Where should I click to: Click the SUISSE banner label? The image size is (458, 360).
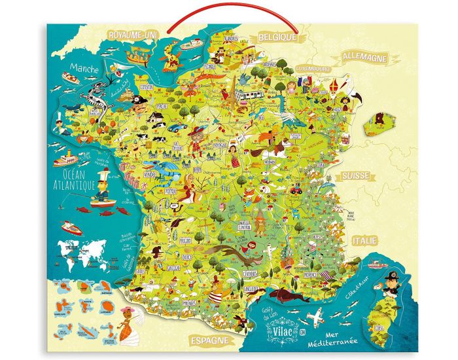pos(355,176)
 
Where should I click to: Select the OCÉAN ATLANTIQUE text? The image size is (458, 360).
pos(74,178)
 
